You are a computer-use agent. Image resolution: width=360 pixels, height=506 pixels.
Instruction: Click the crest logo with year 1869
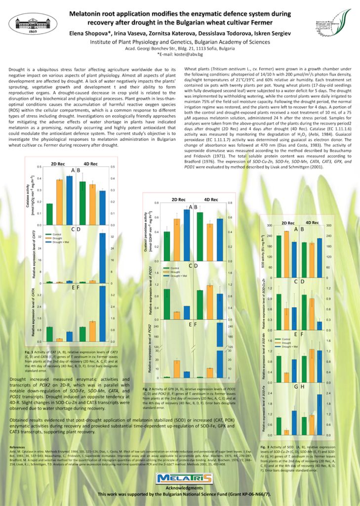coord(30,21)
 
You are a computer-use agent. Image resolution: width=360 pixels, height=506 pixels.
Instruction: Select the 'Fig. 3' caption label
coord(265,446)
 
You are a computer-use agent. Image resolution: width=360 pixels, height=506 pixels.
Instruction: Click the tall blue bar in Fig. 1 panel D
coord(102,257)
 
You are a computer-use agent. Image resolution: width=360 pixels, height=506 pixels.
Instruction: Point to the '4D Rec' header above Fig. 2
coord(214,200)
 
